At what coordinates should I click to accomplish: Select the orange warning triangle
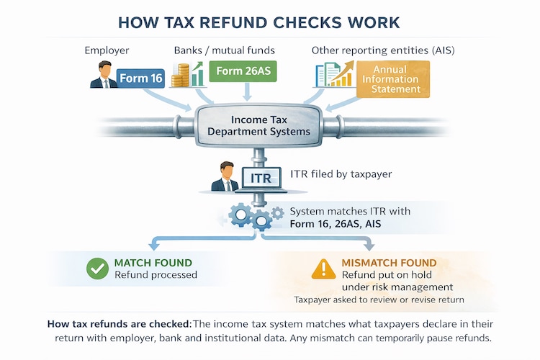(324, 269)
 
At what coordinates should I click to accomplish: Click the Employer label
(107, 50)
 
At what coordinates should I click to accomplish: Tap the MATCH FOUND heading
(153, 262)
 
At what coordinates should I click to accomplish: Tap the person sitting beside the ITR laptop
(225, 177)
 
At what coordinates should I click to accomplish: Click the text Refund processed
(156, 274)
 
